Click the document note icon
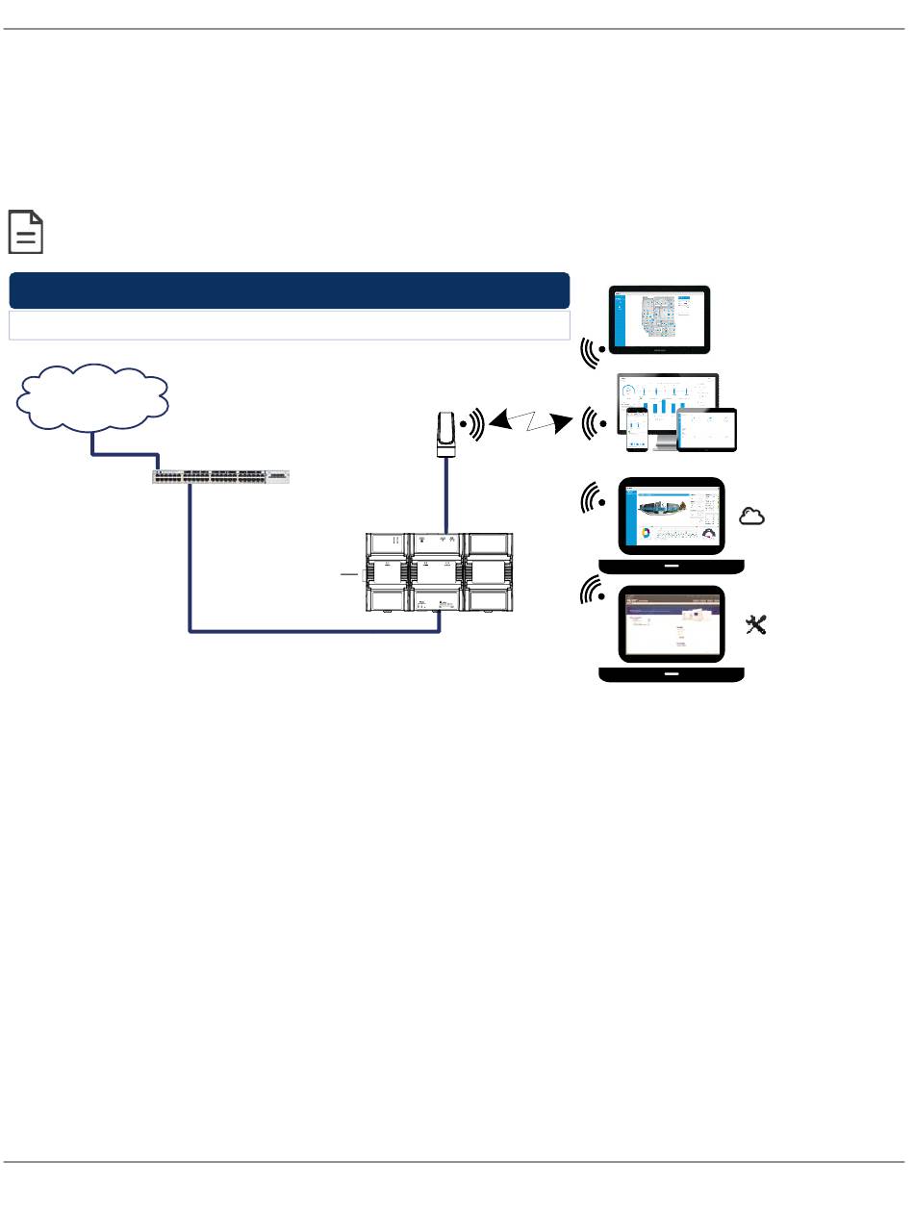(x=26, y=232)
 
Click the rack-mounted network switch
(x=220, y=476)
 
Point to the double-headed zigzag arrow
(x=525, y=421)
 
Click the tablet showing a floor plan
(x=660, y=320)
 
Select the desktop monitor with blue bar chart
(x=668, y=405)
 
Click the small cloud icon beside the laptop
(x=751, y=518)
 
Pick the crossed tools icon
(x=756, y=626)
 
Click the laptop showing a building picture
(x=672, y=524)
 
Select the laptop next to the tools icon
(x=672, y=634)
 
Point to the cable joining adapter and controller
(x=445, y=495)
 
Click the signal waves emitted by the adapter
(x=472, y=422)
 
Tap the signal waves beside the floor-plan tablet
(x=592, y=352)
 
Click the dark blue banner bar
(x=289, y=290)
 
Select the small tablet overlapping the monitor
(x=707, y=430)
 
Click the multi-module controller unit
(x=438, y=573)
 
